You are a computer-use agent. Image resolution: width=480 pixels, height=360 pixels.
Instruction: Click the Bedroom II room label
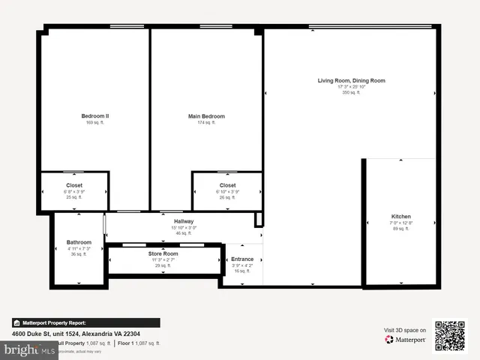[x=95, y=116]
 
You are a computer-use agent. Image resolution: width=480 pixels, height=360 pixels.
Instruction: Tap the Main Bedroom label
[x=206, y=116]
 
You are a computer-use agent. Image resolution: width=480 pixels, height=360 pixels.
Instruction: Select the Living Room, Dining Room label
[x=351, y=80]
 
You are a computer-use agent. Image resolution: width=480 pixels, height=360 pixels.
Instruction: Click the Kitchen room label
[x=400, y=217]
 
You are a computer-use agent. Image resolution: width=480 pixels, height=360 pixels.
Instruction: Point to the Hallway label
[x=184, y=221]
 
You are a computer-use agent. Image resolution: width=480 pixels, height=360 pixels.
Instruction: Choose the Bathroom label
[x=79, y=242]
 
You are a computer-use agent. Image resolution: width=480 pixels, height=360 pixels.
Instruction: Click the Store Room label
[x=163, y=253]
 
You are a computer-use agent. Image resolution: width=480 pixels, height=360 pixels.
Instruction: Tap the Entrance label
[x=242, y=259]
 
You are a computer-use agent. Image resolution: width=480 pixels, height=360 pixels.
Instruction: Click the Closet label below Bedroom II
[x=74, y=185]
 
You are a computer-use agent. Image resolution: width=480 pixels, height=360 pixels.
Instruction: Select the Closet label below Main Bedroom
[x=227, y=185]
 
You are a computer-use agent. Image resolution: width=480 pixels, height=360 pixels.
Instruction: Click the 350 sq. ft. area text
[x=351, y=93]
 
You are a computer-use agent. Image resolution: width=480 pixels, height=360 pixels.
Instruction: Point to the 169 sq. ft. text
[x=95, y=123]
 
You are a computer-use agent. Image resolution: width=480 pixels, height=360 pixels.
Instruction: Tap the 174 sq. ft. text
[x=206, y=123]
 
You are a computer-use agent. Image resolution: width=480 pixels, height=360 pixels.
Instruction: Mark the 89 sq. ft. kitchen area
[x=400, y=229]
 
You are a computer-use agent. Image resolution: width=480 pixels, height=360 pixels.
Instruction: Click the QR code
[x=450, y=335]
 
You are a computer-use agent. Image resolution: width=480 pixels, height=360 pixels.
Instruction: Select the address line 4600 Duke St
[x=75, y=334]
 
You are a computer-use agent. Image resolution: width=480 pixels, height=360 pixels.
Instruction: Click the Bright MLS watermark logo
[x=28, y=350]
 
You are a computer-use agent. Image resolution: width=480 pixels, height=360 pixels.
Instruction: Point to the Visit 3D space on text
[x=405, y=330]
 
